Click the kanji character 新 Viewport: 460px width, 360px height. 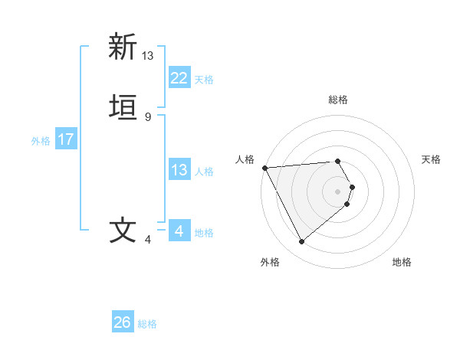tap(122, 47)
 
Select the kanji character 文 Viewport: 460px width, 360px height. tap(122, 231)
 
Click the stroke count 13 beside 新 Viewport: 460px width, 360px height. tap(148, 55)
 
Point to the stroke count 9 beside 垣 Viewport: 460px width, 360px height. tap(148, 116)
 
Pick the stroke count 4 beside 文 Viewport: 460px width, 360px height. tap(148, 240)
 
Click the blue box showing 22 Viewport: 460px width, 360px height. tap(179, 78)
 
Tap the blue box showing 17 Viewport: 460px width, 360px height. tap(65, 140)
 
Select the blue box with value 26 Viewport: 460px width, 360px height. tap(122, 322)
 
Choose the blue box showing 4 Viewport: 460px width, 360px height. tap(179, 231)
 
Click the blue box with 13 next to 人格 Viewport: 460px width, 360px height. tap(179, 170)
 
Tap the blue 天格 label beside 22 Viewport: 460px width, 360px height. tap(204, 80)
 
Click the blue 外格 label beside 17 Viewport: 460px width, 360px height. tap(41, 141)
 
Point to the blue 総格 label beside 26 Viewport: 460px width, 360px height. tap(147, 324)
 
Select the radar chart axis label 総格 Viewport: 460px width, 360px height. tap(338, 100)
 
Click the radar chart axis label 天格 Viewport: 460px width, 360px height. tap(431, 159)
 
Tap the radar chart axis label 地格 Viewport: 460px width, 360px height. tap(402, 262)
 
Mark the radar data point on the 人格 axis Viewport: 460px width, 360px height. tap(264, 168)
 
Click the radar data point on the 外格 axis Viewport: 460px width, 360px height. tap(301, 242)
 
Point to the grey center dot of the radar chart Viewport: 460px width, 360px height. tap(338, 191)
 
